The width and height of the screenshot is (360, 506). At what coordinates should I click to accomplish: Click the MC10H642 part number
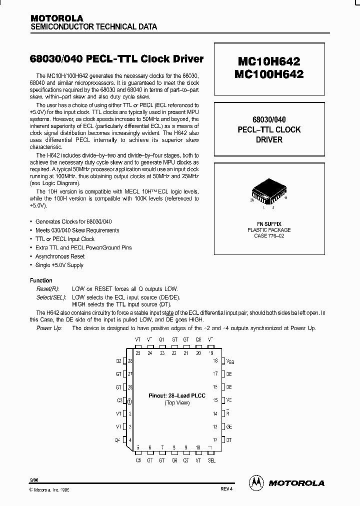coord(268,61)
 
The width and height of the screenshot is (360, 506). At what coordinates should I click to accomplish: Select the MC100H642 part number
coord(268,74)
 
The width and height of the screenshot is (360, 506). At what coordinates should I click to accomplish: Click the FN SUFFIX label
coord(269,224)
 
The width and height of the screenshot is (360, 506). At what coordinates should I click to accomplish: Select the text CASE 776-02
coord(269,235)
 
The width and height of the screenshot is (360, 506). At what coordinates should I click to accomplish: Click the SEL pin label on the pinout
coord(211,460)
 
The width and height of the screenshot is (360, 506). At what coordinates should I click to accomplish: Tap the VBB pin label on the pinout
coord(229,360)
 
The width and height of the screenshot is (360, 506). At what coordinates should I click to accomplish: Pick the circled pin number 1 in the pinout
coord(130,400)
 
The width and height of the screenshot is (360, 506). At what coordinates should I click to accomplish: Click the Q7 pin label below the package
coord(186,460)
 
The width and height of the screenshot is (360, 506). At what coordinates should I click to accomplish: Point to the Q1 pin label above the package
coord(162,339)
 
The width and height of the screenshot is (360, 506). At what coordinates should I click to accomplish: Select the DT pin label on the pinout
coord(228,440)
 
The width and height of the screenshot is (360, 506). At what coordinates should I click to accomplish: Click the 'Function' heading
coord(41,280)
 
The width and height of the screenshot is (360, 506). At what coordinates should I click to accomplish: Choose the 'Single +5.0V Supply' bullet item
coord(59,265)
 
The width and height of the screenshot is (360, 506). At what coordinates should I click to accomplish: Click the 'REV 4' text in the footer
coord(226,489)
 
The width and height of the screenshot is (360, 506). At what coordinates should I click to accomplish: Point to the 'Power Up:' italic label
coord(49,328)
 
